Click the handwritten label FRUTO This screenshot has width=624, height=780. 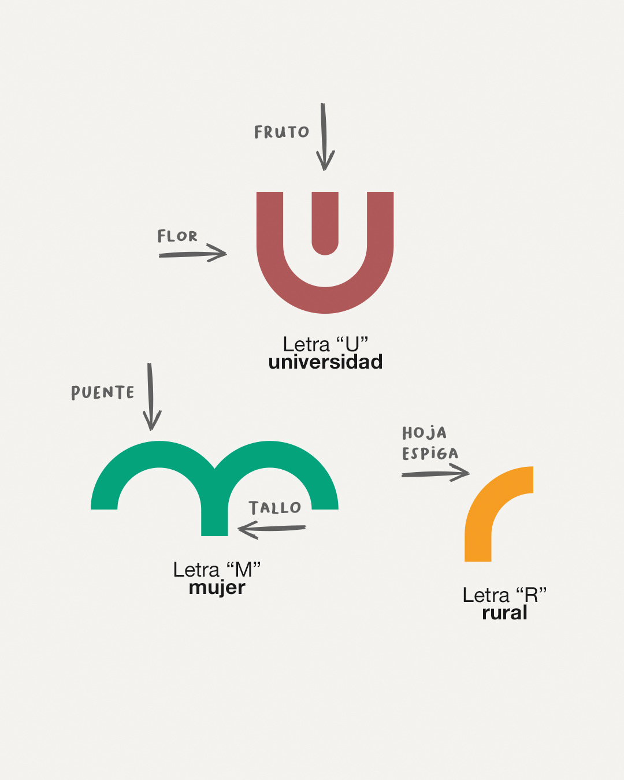[281, 132]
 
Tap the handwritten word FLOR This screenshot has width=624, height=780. [177, 236]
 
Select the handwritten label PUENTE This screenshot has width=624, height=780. [103, 393]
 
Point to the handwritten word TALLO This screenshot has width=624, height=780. [275, 508]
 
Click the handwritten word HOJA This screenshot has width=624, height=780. [425, 433]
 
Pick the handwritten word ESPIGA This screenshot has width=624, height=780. [430, 454]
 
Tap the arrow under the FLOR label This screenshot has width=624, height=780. [193, 253]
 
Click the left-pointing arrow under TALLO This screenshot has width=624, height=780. [272, 529]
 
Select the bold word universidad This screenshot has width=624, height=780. [325, 362]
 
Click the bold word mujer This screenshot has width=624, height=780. [217, 588]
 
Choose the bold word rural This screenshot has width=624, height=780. [504, 612]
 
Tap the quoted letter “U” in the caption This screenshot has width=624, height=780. [352, 344]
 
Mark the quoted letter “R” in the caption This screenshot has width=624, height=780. [530, 595]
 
